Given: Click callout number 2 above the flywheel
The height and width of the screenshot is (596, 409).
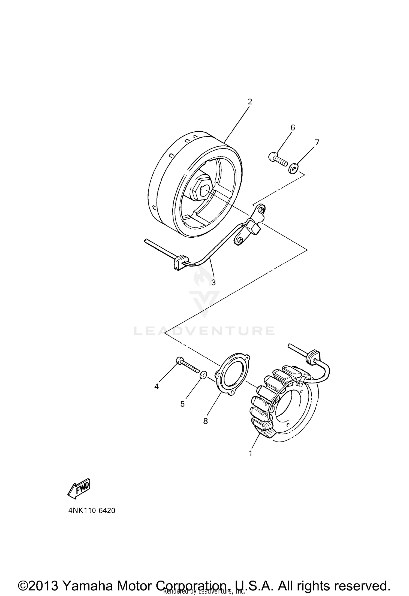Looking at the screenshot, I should point(250,102).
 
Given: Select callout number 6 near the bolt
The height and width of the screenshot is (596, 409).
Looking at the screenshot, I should point(293,127).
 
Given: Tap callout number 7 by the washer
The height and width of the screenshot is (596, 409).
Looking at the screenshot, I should point(317,142).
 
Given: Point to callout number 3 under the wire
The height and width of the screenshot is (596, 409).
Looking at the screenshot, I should point(213,283).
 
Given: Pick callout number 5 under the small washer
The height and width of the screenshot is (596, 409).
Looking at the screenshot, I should point(182,404).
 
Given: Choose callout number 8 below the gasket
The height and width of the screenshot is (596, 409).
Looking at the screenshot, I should point(205,421).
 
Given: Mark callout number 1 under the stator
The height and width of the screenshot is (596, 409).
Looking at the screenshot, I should point(250,453).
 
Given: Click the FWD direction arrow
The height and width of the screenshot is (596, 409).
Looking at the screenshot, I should point(79,489).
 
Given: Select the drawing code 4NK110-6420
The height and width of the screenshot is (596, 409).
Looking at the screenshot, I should point(92,510).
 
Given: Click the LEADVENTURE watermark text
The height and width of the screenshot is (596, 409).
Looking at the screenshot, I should point(204,331).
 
